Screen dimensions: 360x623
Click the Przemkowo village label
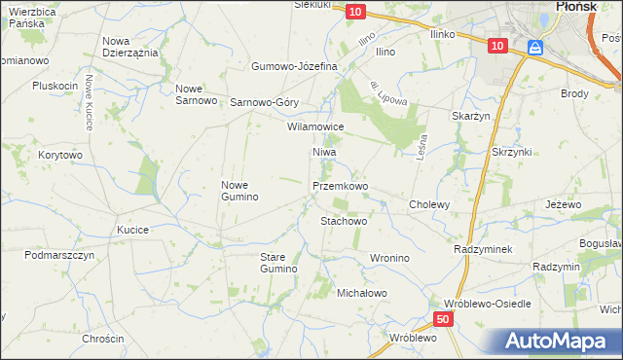pyautogui.click(x=340, y=185)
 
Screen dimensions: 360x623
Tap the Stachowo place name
pyautogui.click(x=344, y=221)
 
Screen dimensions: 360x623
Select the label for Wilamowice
pyautogui.click(x=314, y=126)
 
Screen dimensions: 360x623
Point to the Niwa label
pyautogui.click(x=324, y=153)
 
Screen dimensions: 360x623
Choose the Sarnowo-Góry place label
pyautogui.click(x=264, y=101)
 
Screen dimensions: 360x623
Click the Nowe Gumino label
pyautogui.click(x=239, y=191)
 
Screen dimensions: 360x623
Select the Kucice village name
pyautogui.click(x=132, y=230)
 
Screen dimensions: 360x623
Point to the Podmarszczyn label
pyautogui.click(x=59, y=254)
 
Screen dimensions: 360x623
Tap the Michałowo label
pyautogui.click(x=362, y=292)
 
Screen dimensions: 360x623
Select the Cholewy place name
pyautogui.click(x=429, y=204)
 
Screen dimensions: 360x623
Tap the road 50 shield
pyautogui.click(x=443, y=319)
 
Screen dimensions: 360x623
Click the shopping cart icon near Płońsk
pyautogui.click(x=535, y=47)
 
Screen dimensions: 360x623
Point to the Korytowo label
pyautogui.click(x=60, y=155)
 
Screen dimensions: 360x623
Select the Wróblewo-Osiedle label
pyautogui.click(x=487, y=304)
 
